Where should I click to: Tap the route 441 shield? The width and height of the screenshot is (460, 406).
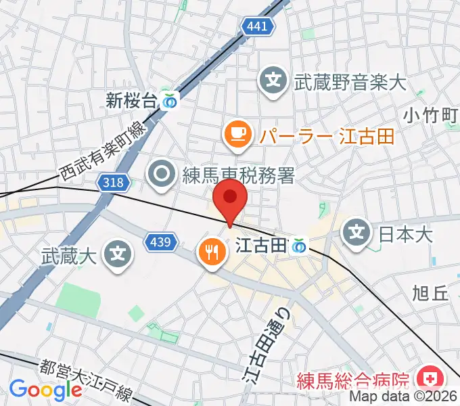[258, 26]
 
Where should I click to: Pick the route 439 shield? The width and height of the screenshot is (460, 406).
[163, 240]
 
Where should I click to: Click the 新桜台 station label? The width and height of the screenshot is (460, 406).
[131, 101]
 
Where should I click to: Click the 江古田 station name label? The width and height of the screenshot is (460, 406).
[260, 247]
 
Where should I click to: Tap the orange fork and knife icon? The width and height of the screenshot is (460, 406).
[211, 252]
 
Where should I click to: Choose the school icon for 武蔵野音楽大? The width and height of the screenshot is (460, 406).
[274, 83]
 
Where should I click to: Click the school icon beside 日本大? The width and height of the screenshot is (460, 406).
[357, 235]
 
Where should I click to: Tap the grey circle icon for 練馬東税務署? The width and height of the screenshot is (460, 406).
[162, 175]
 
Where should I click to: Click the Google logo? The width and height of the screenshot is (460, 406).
[45, 390]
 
